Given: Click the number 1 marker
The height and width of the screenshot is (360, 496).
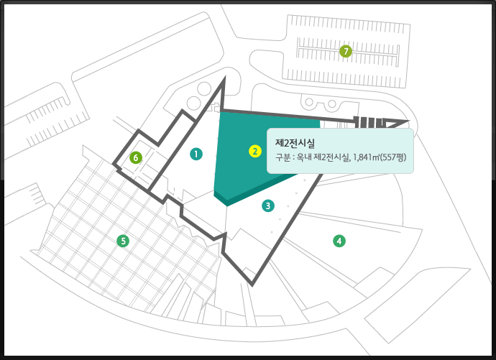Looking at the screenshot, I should (195, 153).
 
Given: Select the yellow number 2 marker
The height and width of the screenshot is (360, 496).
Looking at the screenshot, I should (254, 151).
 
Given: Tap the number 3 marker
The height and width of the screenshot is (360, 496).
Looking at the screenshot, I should (267, 206).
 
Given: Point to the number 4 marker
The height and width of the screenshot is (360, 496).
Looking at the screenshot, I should (338, 241).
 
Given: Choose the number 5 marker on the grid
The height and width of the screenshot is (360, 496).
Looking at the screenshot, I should (124, 241).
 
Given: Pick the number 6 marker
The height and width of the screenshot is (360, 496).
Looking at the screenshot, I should (134, 157).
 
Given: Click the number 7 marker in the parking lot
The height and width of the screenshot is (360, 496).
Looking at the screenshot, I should (346, 51).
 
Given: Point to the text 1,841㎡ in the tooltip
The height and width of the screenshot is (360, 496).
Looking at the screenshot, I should (367, 158).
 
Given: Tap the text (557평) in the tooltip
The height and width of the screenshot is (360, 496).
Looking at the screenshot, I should (395, 158).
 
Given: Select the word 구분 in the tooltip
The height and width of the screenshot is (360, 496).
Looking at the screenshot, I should (284, 158).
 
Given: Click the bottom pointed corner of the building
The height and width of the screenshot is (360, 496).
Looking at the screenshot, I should (253, 283).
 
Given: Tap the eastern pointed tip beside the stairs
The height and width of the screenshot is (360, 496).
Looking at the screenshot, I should (406, 122).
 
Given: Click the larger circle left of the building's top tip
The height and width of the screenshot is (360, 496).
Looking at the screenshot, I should (203, 90).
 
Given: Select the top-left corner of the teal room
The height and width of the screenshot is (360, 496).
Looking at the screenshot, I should (220, 113).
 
